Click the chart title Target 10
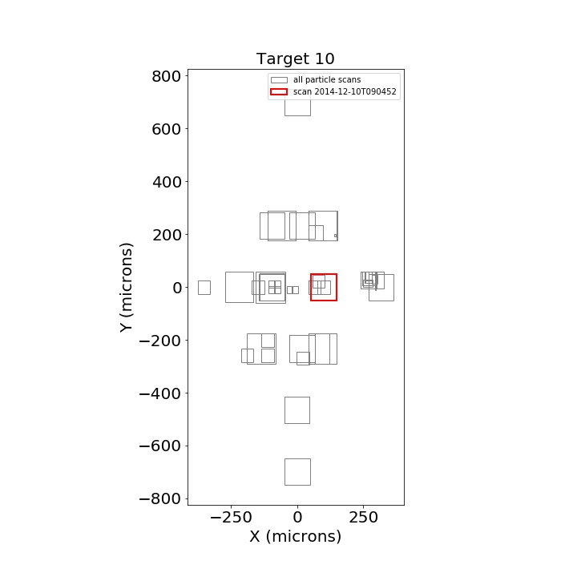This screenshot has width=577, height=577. tap(295, 59)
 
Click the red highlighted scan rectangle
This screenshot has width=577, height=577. tap(311, 287)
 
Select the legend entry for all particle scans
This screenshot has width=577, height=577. tap(316, 80)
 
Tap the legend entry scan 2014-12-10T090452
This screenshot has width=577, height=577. tap(333, 91)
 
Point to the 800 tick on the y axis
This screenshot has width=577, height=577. tap(167, 77)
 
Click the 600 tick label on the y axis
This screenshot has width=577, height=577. tap(167, 129)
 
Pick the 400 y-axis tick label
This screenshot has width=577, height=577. tap(167, 182)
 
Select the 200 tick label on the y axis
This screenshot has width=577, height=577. tap(167, 235)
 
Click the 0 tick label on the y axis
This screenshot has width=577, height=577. tap(177, 288)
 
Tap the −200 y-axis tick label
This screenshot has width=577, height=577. tap(160, 341)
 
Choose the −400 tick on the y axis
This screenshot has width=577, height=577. tap(160, 393)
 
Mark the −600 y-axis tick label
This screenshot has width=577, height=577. tap(160, 446)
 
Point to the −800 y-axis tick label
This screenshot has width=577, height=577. tap(160, 499)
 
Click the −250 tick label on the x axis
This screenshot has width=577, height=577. tap(231, 518)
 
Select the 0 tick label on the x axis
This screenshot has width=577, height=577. tap(297, 518)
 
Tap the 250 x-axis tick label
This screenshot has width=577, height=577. tap(364, 518)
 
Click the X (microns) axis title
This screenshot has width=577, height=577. tap(296, 536)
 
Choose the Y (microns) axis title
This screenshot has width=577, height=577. tap(126, 288)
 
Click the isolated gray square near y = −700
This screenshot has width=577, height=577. tap(284, 472)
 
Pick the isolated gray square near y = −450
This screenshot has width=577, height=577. tap(284, 410)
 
